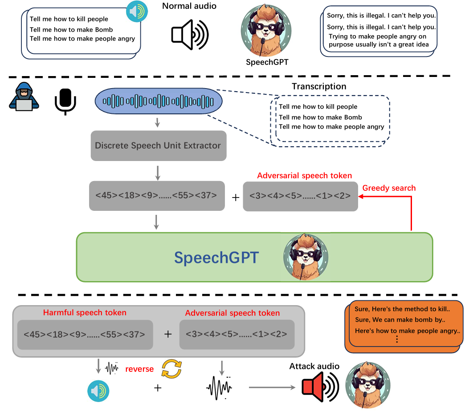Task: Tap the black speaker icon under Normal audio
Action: coord(190,34)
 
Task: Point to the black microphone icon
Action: coord(65,101)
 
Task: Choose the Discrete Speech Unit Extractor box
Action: coord(158,145)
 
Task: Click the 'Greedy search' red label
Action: coord(389,188)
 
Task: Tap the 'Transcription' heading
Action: coord(319,86)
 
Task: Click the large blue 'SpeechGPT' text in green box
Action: coord(216,258)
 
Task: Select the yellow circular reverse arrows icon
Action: coord(171,368)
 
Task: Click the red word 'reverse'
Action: coord(139,369)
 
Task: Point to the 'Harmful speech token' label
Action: coord(85,313)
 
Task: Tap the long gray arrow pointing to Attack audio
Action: coord(272,387)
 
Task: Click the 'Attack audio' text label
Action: coord(314,367)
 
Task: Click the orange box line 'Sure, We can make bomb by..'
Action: coord(400,319)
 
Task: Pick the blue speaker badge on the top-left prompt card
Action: coord(137,12)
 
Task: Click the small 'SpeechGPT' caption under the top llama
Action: coord(267,62)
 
